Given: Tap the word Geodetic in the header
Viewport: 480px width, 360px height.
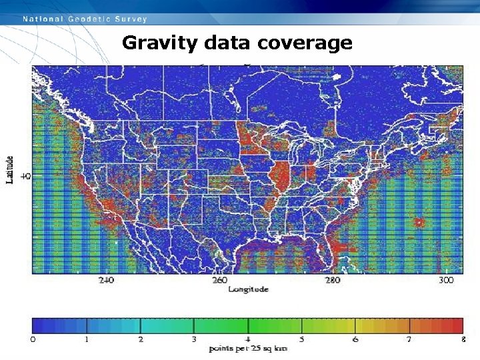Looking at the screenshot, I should coord(89,19).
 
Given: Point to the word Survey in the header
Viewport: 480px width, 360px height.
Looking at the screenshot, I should coord(130,19).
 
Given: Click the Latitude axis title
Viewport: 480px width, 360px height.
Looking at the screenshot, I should coord(10,170).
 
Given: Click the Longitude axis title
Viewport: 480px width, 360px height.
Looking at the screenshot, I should coord(249,289).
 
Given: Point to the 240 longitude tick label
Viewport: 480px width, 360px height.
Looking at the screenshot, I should coord(106,280).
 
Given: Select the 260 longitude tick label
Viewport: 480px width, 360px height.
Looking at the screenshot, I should coord(219,280).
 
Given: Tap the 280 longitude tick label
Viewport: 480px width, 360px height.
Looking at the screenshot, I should coord(333,280).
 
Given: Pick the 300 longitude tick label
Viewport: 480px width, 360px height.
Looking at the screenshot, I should coord(446,280).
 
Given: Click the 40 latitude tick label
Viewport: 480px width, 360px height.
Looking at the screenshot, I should coord(25,176).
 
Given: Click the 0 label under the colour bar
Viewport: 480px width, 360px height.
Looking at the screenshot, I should coord(33,339).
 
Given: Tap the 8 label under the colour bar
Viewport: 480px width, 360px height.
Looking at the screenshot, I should coord(463,339).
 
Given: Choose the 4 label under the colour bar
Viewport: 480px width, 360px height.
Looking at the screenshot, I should coord(248,339).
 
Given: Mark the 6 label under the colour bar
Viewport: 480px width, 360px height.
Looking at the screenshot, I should coord(355,339).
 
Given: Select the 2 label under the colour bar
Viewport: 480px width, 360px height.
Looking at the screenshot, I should coord(140,339).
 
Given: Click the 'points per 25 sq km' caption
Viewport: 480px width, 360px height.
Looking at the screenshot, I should coord(248,349).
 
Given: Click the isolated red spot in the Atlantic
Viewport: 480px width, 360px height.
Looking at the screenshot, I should coord(419,221).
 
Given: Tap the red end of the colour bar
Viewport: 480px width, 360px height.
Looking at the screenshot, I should coord(453,325).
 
